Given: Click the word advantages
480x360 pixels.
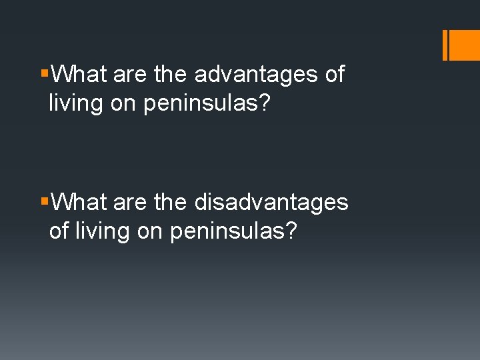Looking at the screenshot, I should (256, 75).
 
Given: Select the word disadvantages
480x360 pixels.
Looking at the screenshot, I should (271, 202).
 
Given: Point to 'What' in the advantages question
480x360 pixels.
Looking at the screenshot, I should (79, 75).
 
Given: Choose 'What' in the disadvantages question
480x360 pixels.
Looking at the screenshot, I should (79, 202).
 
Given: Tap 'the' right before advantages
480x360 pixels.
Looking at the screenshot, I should (171, 75).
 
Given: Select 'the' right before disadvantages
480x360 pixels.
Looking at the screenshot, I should (171, 202).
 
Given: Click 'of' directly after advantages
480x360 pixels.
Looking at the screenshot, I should (335, 75).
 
